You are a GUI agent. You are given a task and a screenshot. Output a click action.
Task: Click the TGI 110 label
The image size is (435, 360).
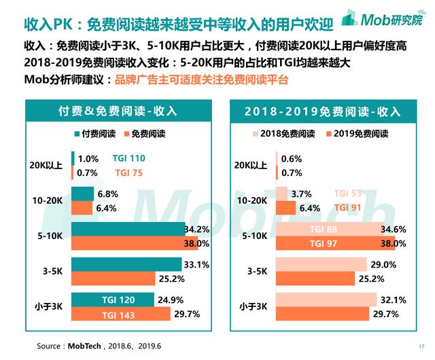click(130, 159)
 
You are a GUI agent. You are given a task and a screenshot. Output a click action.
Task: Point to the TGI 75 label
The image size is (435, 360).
click(128, 173)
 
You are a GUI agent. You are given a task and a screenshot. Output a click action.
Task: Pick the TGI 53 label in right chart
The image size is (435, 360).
click(347, 194)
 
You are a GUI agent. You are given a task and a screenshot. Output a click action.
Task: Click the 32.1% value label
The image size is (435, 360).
click(394, 300)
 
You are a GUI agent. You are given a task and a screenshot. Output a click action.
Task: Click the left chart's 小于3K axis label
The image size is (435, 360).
click(52, 307)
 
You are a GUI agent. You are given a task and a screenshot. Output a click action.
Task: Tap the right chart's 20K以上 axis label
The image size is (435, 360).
click(251, 165)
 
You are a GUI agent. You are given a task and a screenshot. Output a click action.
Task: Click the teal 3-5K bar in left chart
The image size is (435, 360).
click(126, 264)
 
